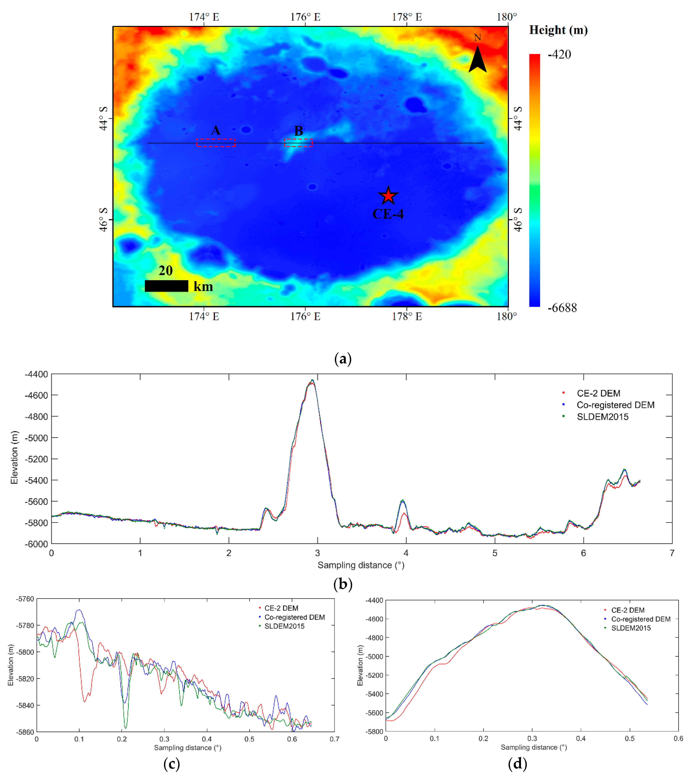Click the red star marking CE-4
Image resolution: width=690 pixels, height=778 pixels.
point(388,196)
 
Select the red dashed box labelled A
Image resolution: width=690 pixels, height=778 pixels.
point(216,143)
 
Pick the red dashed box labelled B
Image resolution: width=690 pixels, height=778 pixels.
point(298,143)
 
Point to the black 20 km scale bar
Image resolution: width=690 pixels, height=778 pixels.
point(166,286)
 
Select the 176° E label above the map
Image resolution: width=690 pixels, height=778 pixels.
point(305,17)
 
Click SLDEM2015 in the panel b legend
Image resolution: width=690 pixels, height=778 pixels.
point(602,417)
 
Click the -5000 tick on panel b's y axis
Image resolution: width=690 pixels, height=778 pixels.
point(37,438)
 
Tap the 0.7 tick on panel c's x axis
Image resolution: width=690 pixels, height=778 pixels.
point(334,739)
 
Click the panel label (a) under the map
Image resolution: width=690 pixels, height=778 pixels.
point(343,358)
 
